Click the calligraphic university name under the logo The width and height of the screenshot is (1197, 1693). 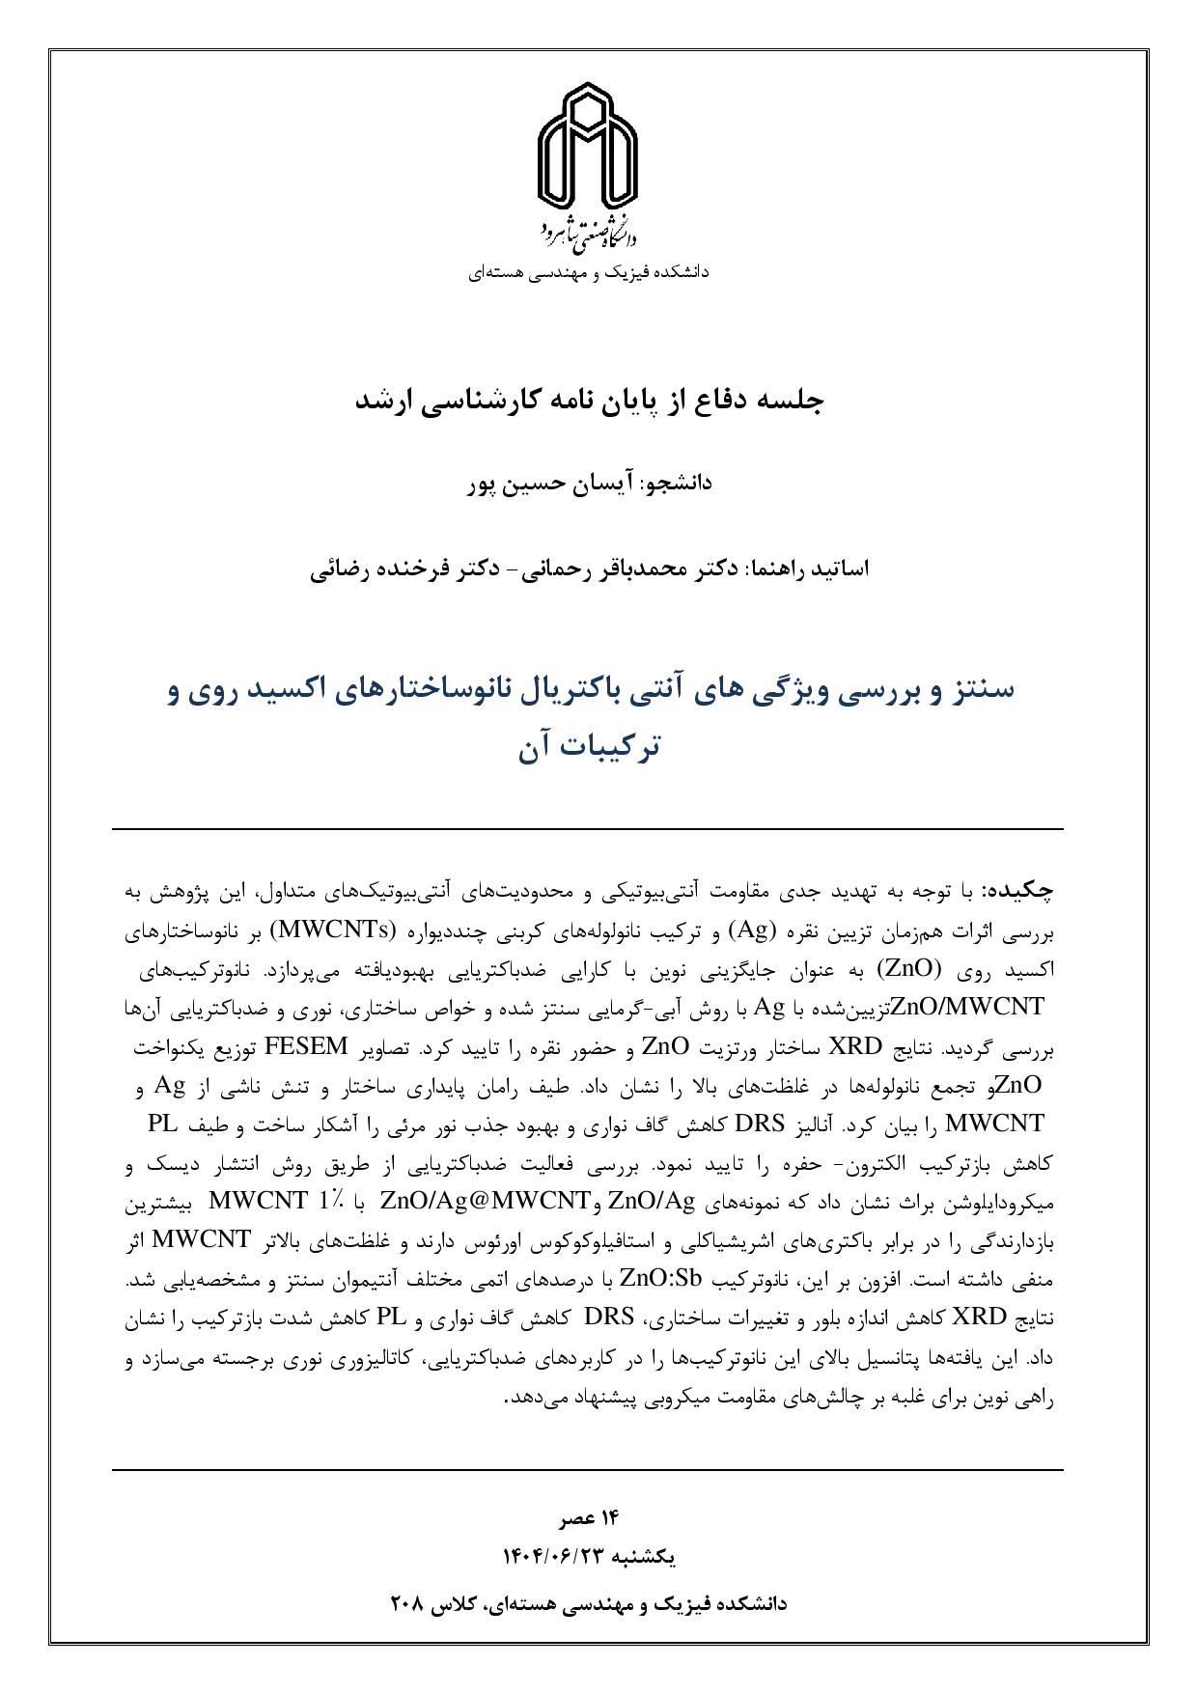coord(588,233)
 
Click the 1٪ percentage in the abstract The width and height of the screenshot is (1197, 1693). coord(328,1202)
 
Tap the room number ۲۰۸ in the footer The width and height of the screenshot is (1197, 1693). coord(407,1603)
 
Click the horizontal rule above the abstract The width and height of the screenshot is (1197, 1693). coord(588,828)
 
